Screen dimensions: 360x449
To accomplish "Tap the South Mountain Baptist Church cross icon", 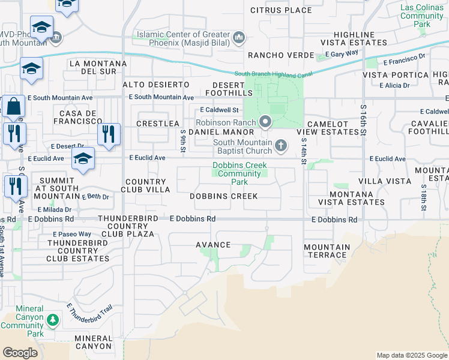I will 280,145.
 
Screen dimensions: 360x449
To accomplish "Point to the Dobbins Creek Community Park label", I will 238,173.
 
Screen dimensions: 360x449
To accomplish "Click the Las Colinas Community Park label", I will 422,16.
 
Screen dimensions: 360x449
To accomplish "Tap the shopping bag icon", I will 13,107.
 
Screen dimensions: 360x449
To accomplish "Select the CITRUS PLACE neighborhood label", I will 281,10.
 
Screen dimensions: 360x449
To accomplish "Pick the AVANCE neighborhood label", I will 213,245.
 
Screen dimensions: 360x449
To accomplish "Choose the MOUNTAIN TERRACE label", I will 327,251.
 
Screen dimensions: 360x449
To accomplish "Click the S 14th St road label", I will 304,151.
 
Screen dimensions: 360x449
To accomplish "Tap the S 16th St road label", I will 363,119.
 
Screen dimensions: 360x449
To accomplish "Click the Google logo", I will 20,353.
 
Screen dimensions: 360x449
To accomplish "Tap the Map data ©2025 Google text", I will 411,355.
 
